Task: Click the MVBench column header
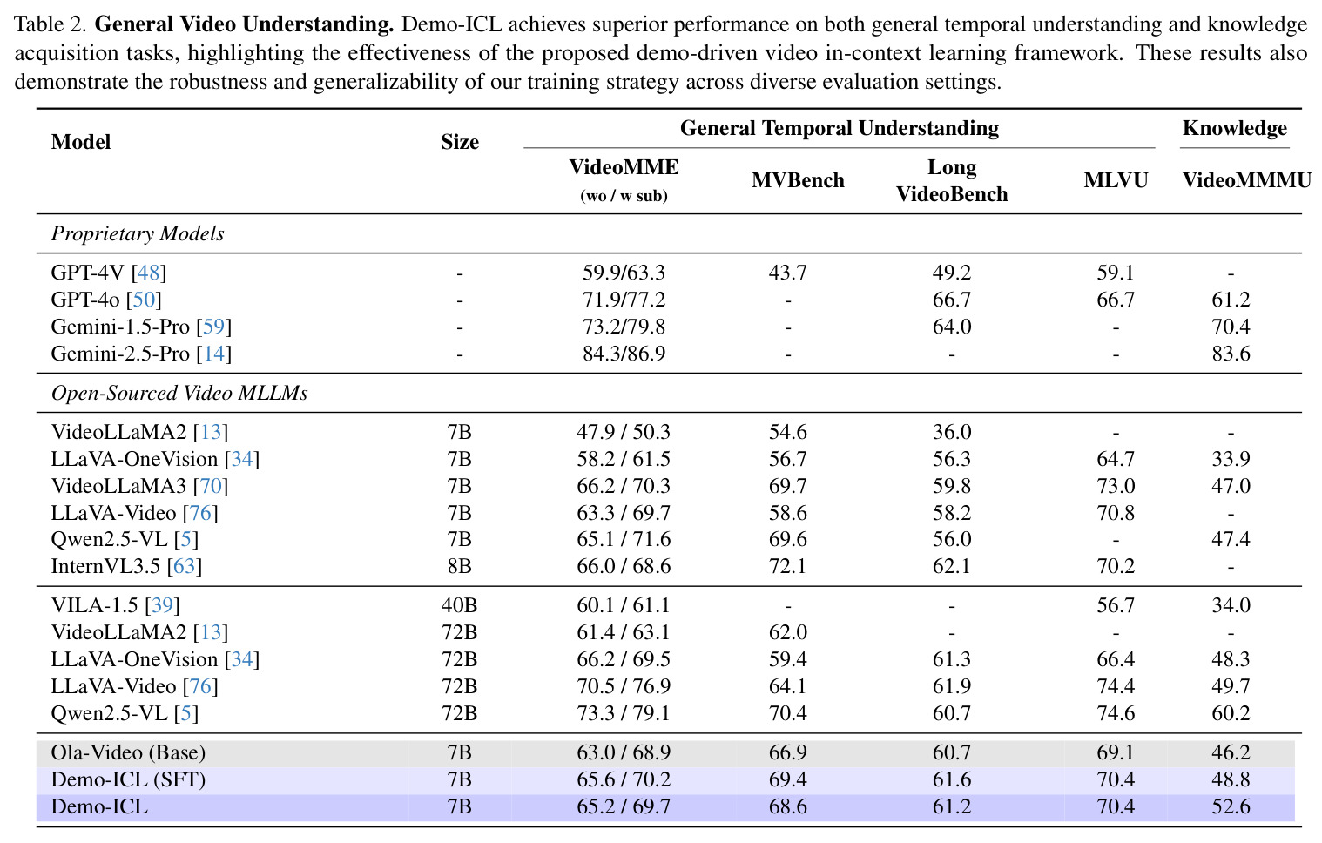pos(798,180)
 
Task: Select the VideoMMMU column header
pos(1246,180)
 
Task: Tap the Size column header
pos(459,142)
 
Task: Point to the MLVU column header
pos(1116,180)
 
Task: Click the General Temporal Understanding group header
pos(840,128)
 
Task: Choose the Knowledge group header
pos(1235,128)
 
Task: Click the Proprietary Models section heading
pos(138,233)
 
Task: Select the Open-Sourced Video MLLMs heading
pos(179,393)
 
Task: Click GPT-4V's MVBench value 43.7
pos(787,272)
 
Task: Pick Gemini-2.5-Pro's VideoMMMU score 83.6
pos(1231,354)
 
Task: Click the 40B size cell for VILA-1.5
pos(459,605)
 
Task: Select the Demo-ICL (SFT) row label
pos(128,779)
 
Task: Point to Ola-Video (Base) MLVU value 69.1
pos(1116,752)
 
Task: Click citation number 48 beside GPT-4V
pos(148,272)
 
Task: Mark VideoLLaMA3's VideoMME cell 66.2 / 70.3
pos(624,486)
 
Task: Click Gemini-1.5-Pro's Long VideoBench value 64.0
pos(951,327)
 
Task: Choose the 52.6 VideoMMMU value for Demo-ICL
pos(1231,806)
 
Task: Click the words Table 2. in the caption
pos(51,24)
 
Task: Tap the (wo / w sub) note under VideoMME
pos(624,196)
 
